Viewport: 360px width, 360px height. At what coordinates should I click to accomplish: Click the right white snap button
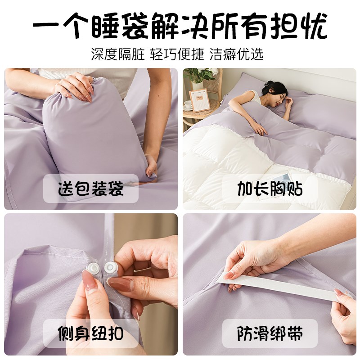[110, 269]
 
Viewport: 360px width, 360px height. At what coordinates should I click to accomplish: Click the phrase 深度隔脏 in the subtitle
[118, 54]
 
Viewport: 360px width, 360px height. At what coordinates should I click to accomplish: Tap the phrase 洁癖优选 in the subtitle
[237, 54]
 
